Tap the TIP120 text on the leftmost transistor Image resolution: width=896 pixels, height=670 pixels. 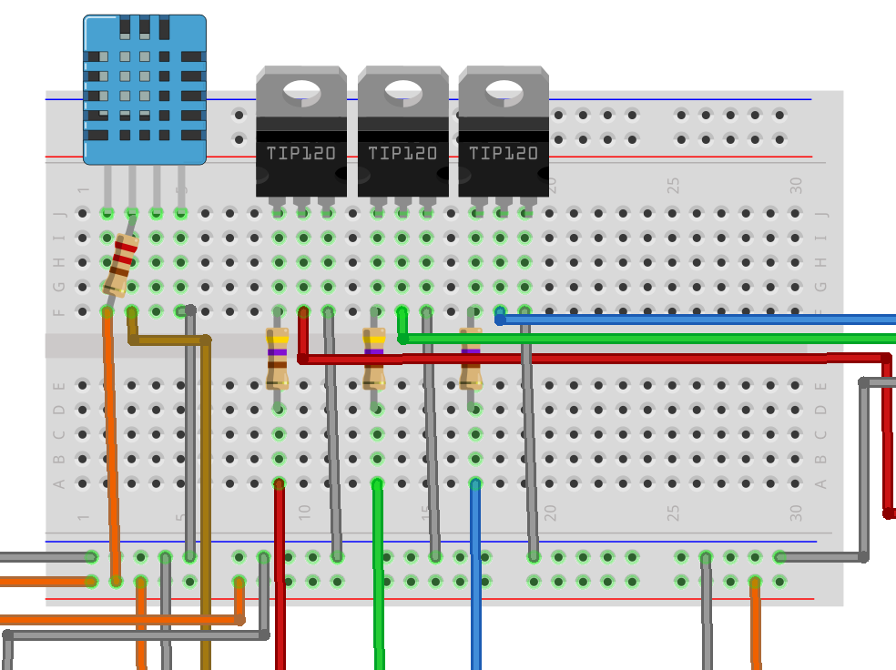[x=300, y=154]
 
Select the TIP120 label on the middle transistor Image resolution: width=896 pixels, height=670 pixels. [x=402, y=154]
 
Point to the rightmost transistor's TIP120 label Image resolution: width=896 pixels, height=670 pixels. [x=504, y=154]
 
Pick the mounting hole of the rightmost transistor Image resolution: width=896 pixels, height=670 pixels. [x=504, y=91]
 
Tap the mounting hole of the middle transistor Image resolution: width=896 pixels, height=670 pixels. [x=403, y=91]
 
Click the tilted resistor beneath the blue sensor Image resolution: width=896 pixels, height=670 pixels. [x=121, y=263]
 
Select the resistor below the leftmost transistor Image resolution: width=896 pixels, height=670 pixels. [x=278, y=358]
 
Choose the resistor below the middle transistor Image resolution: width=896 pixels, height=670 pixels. [x=374, y=358]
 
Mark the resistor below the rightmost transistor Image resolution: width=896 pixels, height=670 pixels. [x=471, y=358]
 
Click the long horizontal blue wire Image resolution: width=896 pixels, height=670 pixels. [x=692, y=320]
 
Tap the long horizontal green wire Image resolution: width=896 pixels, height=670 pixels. [x=637, y=339]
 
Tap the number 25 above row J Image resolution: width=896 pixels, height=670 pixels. [x=674, y=185]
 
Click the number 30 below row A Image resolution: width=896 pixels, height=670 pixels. [x=797, y=513]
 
